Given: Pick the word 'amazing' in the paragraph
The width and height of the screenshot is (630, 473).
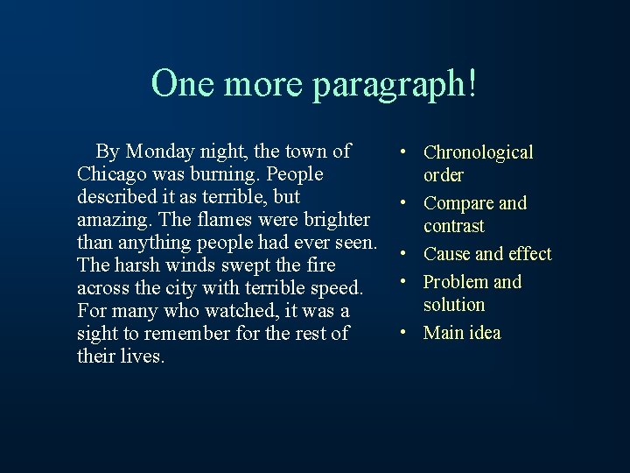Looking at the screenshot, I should pyautogui.click(x=109, y=220).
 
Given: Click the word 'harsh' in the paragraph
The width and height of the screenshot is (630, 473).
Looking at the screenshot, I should pyautogui.click(x=138, y=265).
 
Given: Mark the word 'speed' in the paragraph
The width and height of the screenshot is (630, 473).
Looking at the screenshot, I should pyautogui.click(x=334, y=288).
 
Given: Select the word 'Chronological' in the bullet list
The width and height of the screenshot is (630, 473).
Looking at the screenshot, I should pyautogui.click(x=478, y=152).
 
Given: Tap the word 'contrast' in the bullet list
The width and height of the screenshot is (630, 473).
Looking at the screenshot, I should pyautogui.click(x=453, y=226).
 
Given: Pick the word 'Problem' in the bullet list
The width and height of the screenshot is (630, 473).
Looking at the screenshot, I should pyautogui.click(x=456, y=282).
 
